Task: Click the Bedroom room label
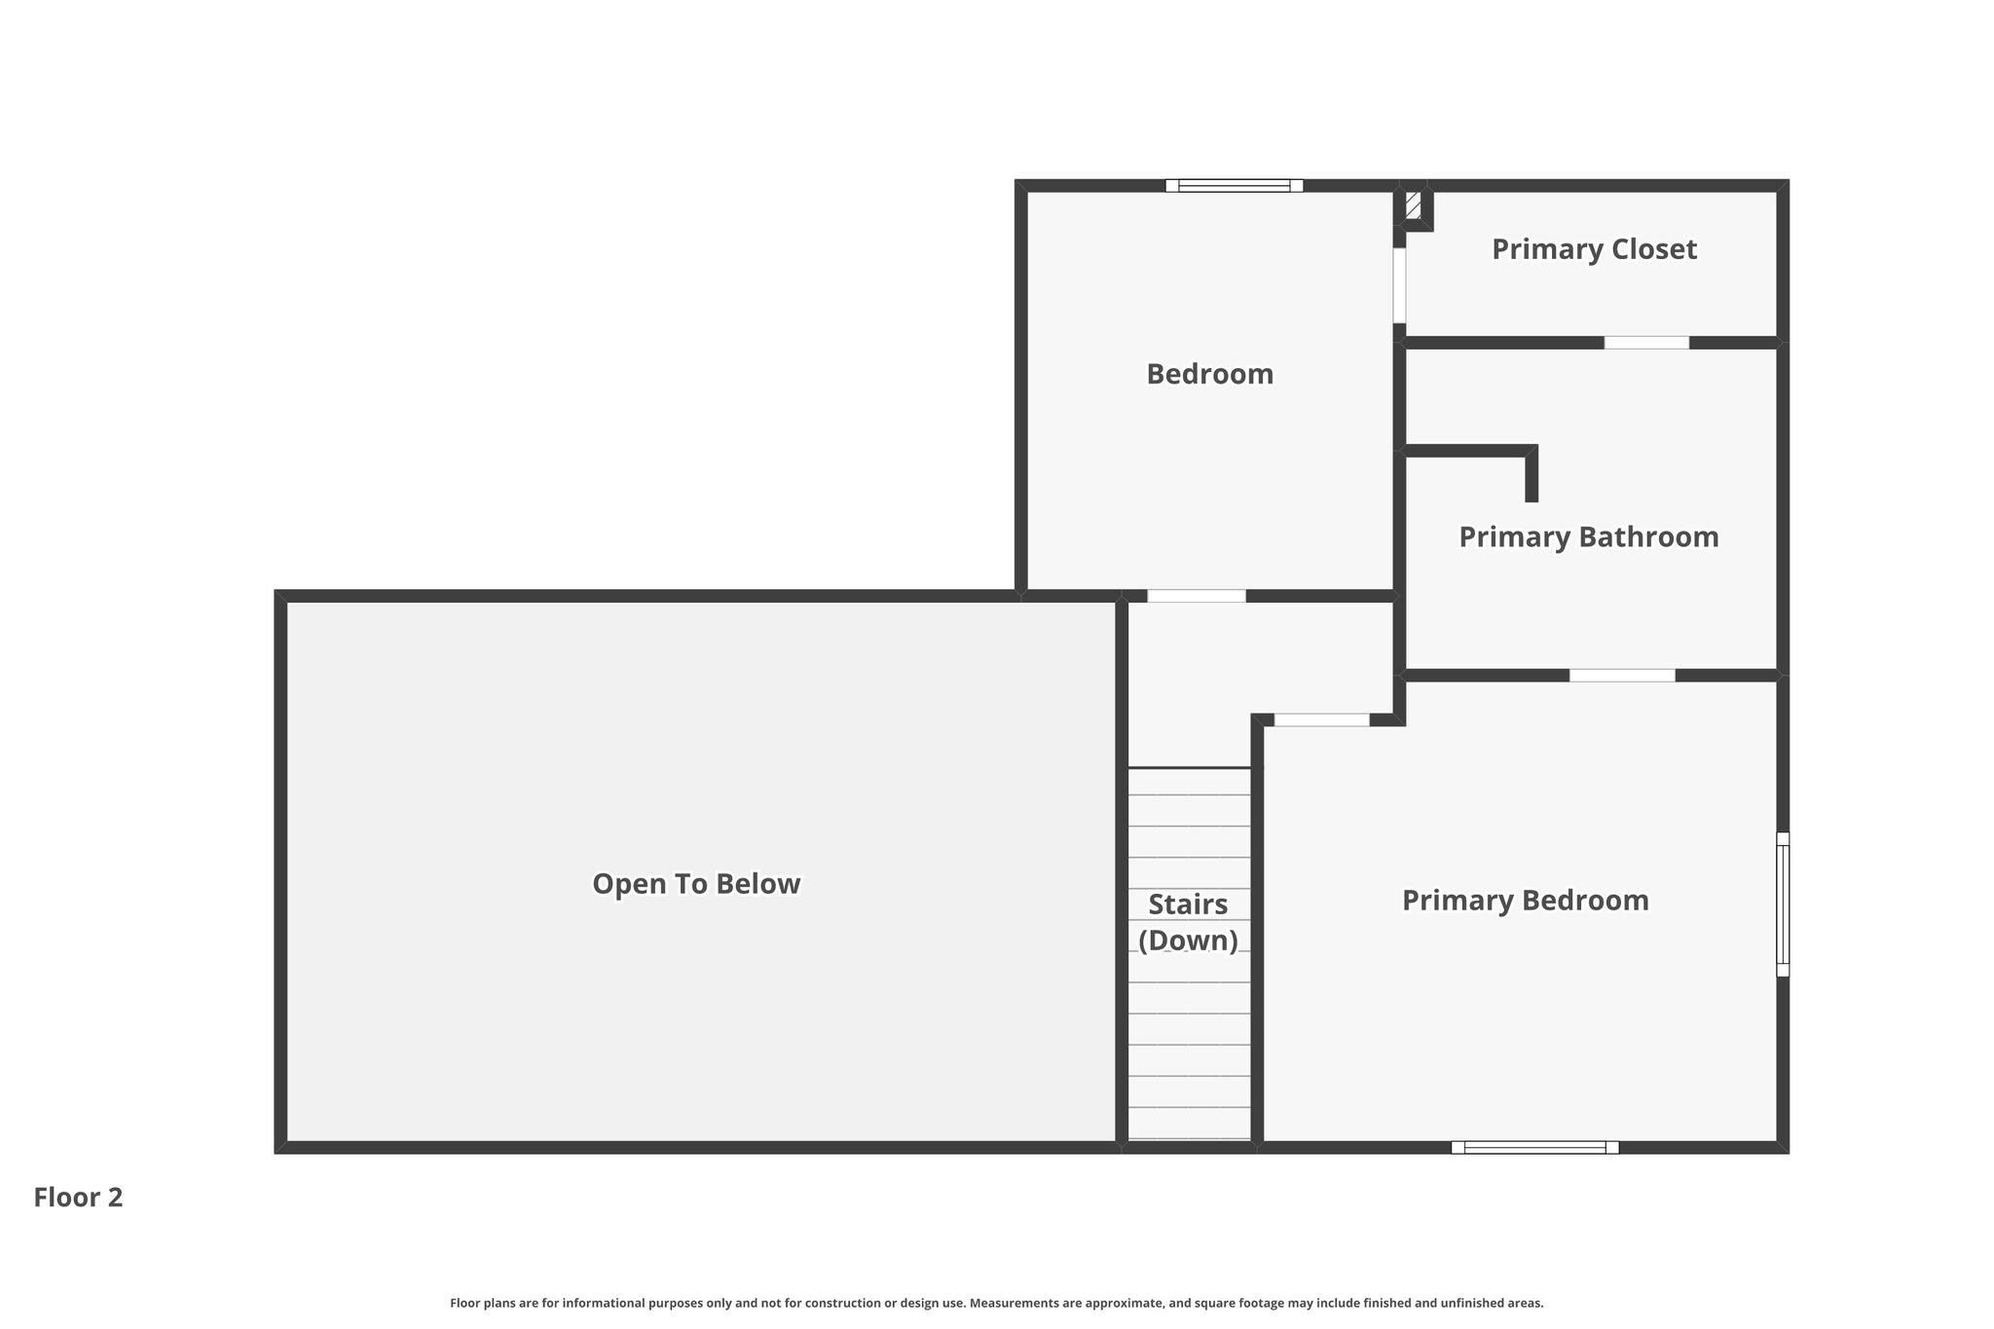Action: tap(1209, 374)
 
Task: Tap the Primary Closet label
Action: tap(1594, 249)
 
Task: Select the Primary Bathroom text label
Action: tap(1588, 537)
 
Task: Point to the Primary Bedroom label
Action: tap(1525, 901)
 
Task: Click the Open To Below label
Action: tap(696, 884)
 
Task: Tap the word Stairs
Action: tap(1188, 904)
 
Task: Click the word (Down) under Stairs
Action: tap(1188, 941)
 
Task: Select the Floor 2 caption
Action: tap(78, 1198)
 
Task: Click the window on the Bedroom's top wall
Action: tap(1234, 186)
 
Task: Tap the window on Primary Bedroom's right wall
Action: tap(1783, 904)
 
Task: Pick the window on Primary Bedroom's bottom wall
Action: tap(1534, 1147)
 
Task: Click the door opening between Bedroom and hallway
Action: tap(1196, 596)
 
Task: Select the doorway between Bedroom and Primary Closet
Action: tap(1399, 285)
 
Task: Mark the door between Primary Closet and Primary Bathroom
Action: tap(1646, 343)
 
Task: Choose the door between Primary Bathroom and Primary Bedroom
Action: tap(1622, 675)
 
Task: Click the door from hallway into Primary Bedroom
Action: tap(1321, 720)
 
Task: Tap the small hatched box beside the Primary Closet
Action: tap(1413, 205)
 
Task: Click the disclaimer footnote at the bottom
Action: tap(996, 1303)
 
